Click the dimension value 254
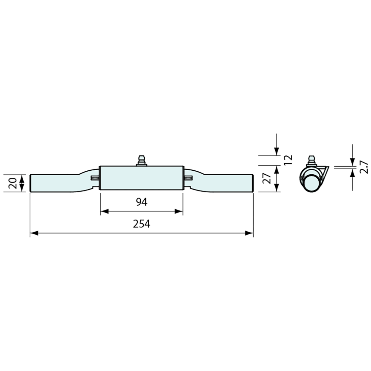(x=141, y=224)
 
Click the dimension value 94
(x=142, y=202)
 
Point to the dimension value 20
(x=12, y=183)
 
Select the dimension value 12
(x=288, y=160)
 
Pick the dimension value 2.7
(x=363, y=167)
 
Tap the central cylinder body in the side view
(x=142, y=178)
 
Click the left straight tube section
(x=54, y=183)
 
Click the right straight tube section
(x=229, y=183)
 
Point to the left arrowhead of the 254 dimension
(x=34, y=233)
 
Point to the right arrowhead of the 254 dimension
(x=249, y=233)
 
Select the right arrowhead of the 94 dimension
(x=179, y=211)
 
